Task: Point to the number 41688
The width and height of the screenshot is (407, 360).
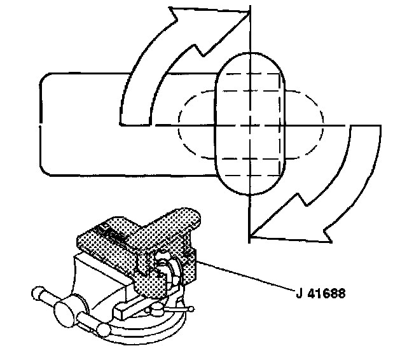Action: (x=327, y=295)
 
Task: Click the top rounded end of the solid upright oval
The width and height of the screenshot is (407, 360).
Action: (x=251, y=56)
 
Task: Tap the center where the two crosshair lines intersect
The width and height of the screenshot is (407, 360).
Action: (x=251, y=125)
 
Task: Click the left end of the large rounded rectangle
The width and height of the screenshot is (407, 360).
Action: (x=41, y=124)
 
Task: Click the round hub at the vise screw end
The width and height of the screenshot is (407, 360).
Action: (x=66, y=314)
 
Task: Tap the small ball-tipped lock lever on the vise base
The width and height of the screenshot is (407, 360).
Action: (x=190, y=310)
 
